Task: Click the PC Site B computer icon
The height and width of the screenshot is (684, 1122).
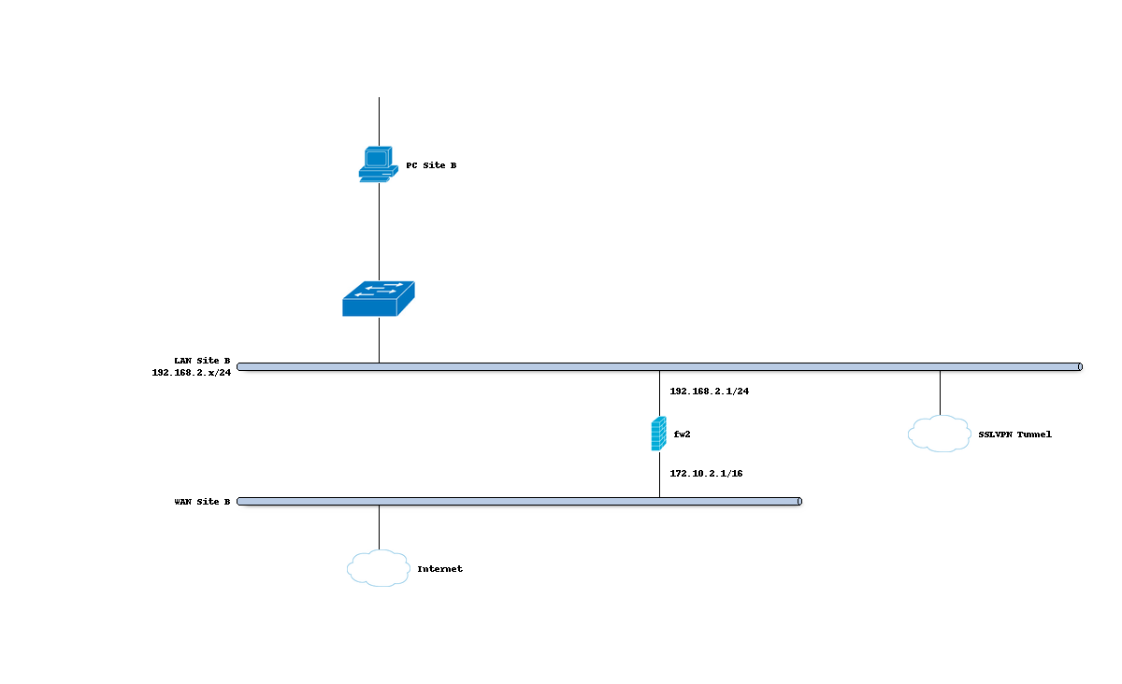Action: (x=378, y=164)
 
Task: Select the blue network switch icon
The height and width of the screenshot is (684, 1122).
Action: (x=379, y=299)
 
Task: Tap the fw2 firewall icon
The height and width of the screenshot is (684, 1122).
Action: (x=659, y=434)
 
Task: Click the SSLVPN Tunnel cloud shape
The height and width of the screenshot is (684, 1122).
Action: (x=939, y=434)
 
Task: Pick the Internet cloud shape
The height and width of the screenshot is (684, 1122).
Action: (x=379, y=568)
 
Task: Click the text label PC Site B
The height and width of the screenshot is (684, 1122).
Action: (x=431, y=165)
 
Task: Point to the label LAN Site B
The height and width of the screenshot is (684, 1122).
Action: (x=202, y=360)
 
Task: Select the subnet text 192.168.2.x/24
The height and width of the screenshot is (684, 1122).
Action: (x=192, y=372)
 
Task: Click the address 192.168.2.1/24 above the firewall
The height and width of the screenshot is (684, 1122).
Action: (x=710, y=392)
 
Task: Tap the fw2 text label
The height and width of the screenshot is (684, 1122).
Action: (x=682, y=435)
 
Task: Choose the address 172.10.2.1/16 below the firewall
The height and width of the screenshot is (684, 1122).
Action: (x=707, y=474)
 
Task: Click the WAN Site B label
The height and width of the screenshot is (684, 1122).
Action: (x=202, y=502)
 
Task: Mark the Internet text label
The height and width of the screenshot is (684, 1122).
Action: (x=439, y=569)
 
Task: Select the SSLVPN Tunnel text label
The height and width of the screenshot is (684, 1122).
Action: (x=1014, y=435)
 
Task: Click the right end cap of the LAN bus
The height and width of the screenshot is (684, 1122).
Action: (x=1079, y=367)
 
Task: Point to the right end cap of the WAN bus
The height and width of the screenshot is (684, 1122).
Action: (x=799, y=502)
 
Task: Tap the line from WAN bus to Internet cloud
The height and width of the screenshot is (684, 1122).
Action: (x=379, y=528)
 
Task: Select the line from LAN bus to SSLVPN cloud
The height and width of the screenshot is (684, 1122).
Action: (x=940, y=392)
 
